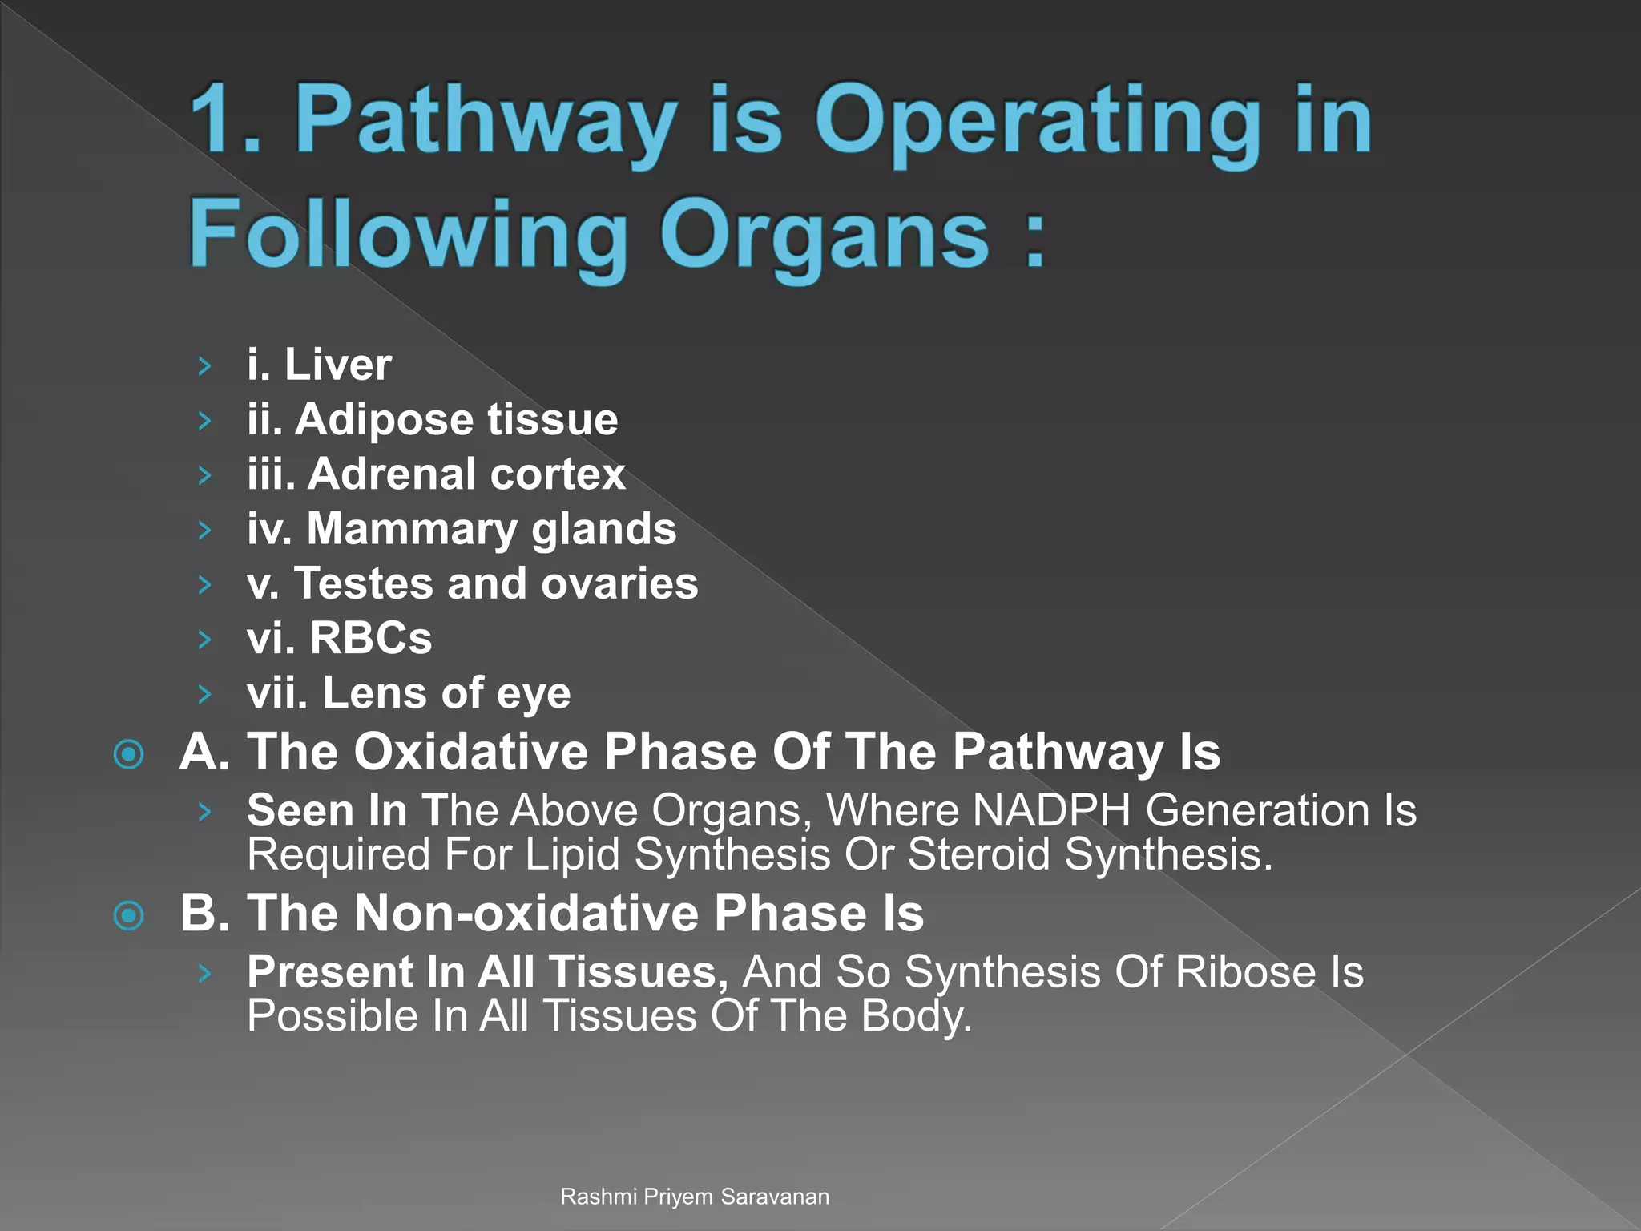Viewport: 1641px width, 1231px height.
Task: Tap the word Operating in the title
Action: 1038,122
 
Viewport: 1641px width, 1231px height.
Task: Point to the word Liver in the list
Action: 337,365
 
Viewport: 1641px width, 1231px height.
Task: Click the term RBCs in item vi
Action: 370,638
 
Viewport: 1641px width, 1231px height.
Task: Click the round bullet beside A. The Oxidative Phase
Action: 129,754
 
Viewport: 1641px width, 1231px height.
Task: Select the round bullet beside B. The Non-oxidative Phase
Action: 129,915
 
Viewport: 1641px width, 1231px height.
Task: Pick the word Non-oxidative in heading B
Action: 527,914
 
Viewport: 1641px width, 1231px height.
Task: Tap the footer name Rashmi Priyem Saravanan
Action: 694,1197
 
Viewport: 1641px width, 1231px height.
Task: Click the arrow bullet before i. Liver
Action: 205,366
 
